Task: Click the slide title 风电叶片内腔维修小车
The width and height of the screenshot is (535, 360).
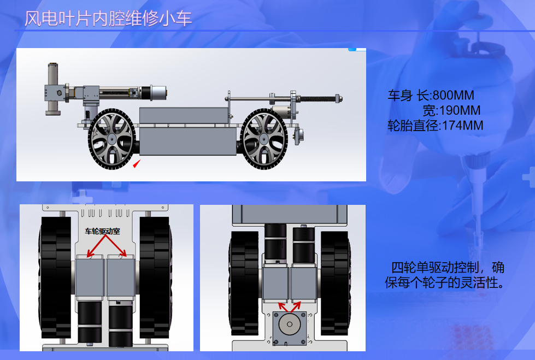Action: click(108, 19)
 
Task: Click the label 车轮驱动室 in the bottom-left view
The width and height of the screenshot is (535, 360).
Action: click(102, 231)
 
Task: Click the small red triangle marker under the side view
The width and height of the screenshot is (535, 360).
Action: click(136, 164)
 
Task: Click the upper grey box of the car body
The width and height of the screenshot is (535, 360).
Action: click(184, 115)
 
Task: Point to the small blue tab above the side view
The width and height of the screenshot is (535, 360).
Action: click(352, 49)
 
